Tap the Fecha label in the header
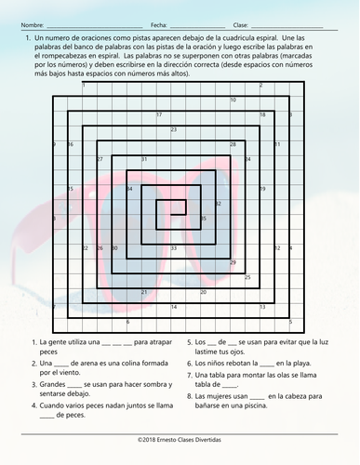pos(158,24)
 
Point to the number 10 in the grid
pos(233,100)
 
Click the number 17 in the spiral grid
pos(159,114)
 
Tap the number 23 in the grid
pos(174,129)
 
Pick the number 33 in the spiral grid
pos(174,248)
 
